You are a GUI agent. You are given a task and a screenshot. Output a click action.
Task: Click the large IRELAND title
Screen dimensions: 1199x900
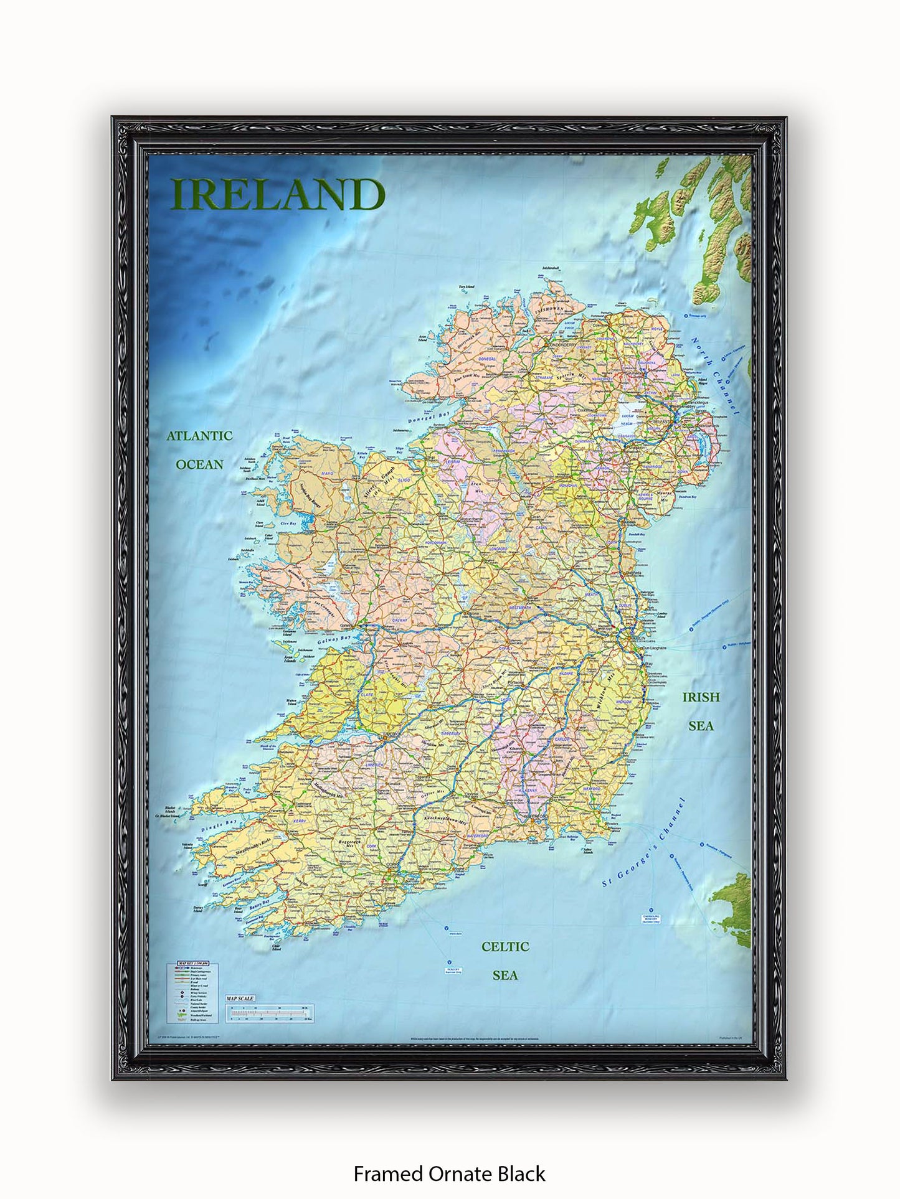click(278, 195)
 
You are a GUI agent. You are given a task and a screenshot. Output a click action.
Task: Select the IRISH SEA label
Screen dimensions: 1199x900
click(701, 711)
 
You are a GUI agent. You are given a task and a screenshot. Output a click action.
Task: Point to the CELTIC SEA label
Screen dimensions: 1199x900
click(505, 961)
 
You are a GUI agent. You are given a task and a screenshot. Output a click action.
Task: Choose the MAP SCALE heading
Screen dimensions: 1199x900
click(240, 999)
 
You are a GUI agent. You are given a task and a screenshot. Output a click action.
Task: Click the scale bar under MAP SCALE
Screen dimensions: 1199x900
click(270, 1013)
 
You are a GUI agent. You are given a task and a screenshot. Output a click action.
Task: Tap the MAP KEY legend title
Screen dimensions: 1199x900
click(192, 963)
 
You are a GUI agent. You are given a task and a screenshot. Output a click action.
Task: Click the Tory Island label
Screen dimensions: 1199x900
click(467, 287)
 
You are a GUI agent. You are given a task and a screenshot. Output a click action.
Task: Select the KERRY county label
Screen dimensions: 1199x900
click(300, 821)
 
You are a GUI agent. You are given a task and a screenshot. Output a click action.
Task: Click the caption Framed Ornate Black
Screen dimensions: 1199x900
click(449, 1173)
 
